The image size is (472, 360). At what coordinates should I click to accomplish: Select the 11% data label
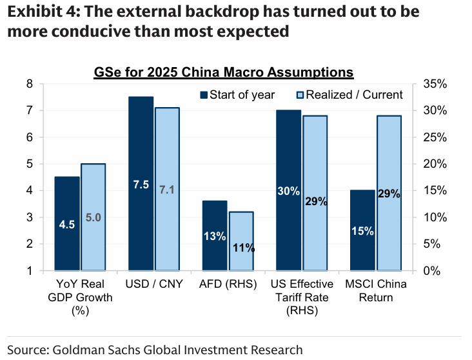pyautogui.click(x=243, y=247)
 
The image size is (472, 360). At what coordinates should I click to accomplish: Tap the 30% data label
pyautogui.click(x=288, y=191)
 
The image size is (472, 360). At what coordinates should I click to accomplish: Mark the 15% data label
pyautogui.click(x=362, y=231)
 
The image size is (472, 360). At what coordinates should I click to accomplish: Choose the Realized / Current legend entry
pyautogui.click(x=348, y=95)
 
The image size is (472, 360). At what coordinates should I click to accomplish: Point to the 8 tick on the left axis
pyautogui.click(x=29, y=84)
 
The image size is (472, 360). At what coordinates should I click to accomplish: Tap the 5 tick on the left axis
pyautogui.click(x=29, y=164)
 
